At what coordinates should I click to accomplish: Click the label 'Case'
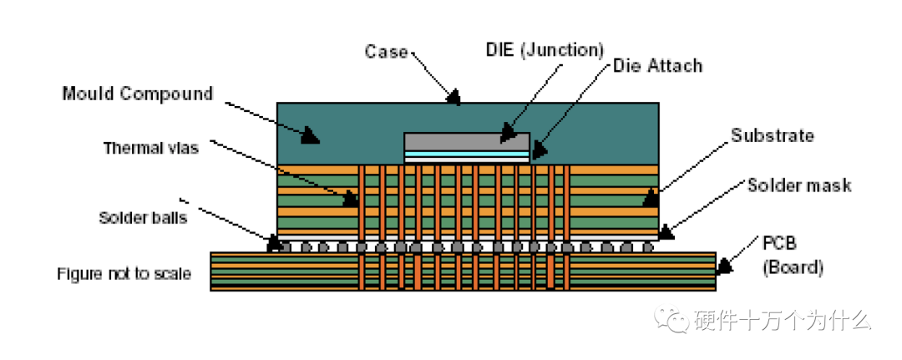[x=385, y=52]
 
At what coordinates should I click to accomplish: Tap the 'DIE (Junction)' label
[x=544, y=49]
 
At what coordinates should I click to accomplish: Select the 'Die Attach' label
[x=657, y=65]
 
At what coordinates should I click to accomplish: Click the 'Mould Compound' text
[x=138, y=93]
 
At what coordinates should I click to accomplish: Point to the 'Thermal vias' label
[x=149, y=148]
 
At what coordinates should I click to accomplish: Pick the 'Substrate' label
[x=772, y=134]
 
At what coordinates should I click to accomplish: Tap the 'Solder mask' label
[x=798, y=185]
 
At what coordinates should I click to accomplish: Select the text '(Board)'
[x=793, y=268]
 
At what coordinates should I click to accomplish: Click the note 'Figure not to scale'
[x=124, y=273]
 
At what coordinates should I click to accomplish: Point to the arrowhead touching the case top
[x=453, y=98]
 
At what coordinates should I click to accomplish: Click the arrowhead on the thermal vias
[x=352, y=200]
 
